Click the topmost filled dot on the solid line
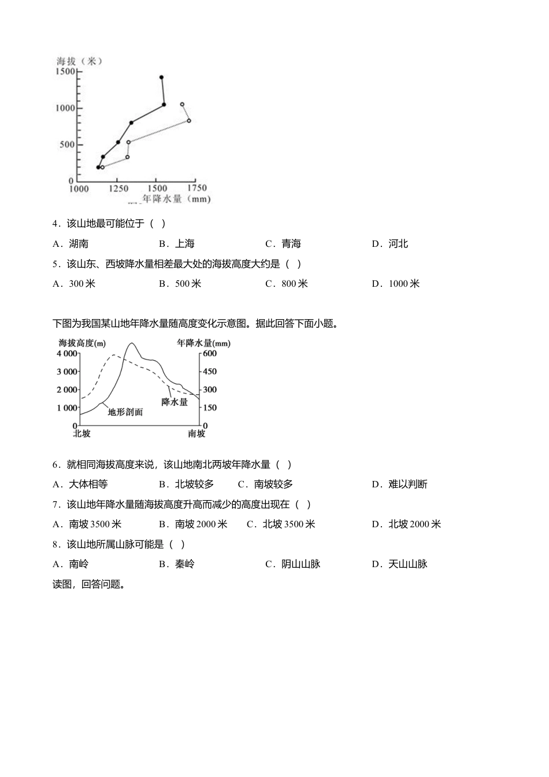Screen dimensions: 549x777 pos(161,77)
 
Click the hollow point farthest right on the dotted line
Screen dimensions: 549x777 pos(189,120)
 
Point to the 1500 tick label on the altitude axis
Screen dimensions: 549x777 pos(66,71)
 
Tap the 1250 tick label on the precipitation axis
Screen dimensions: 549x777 pos(117,188)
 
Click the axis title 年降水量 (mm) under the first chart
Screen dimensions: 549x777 pos(176,199)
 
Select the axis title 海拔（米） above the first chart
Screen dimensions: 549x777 pos(79,61)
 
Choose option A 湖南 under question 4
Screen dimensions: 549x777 pos(71,244)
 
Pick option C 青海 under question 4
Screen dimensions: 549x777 pos(284,244)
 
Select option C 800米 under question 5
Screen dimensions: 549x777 pos(287,284)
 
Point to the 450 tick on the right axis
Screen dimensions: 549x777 pos(209,372)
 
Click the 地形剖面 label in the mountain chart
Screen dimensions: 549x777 pos(125,412)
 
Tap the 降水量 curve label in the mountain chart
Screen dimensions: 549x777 pos(175,402)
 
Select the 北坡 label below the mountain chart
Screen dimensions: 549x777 pos(82,434)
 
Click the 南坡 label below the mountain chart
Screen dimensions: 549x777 pos(196,434)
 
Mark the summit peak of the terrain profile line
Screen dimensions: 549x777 pos(132,343)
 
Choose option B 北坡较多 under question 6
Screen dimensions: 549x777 pos(187,484)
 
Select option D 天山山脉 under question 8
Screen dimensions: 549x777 pos(400,564)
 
